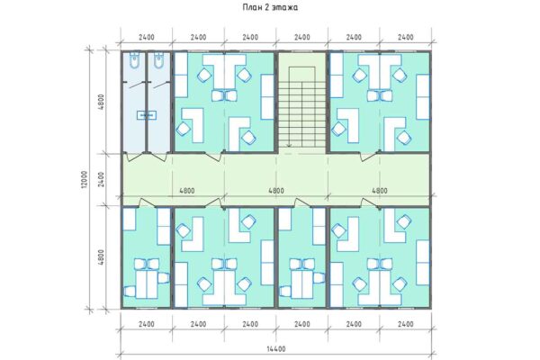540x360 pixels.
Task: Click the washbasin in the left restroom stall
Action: click(145, 115)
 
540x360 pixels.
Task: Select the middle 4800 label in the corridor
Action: click(275, 191)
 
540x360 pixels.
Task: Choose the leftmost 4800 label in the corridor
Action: click(188, 191)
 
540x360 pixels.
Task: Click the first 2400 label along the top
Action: click(146, 38)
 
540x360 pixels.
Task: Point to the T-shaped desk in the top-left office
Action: click(223, 70)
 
